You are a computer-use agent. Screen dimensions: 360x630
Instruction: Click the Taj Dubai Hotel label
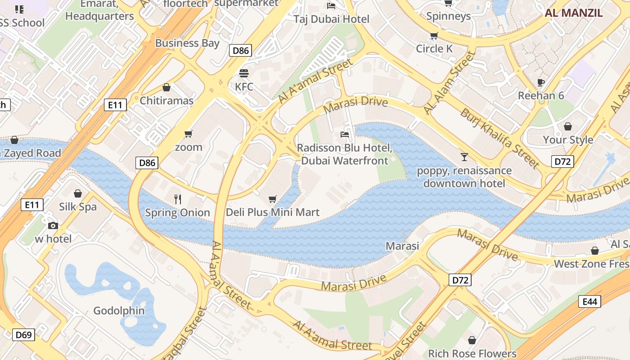click(x=331, y=19)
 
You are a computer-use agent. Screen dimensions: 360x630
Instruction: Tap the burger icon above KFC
click(x=244, y=73)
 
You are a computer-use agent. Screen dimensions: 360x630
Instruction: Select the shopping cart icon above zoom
click(x=189, y=134)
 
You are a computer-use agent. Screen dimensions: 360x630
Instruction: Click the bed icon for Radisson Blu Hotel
click(x=345, y=134)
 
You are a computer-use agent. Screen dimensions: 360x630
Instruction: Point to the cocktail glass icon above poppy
click(x=464, y=157)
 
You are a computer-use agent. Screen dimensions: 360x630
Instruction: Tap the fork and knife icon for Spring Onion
click(x=178, y=199)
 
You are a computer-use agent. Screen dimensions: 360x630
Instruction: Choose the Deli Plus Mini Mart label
click(x=273, y=212)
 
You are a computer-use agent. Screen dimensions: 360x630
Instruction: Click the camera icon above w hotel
click(x=53, y=225)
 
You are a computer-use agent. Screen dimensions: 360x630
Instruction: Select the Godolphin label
click(x=119, y=310)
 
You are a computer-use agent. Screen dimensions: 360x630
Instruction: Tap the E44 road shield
click(x=589, y=301)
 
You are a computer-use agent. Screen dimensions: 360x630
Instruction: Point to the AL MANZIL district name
click(x=574, y=13)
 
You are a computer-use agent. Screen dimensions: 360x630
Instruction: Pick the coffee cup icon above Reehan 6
click(x=541, y=82)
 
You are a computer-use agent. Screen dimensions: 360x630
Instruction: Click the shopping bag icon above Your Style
click(x=568, y=126)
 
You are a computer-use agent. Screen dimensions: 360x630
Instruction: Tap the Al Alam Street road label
click(x=449, y=82)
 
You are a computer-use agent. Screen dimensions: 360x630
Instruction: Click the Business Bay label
click(x=187, y=43)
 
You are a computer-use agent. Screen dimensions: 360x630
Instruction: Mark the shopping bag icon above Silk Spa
click(x=78, y=193)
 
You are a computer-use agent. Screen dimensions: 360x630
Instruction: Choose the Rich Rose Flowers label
click(x=472, y=353)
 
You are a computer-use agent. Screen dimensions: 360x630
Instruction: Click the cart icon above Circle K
click(x=434, y=36)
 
